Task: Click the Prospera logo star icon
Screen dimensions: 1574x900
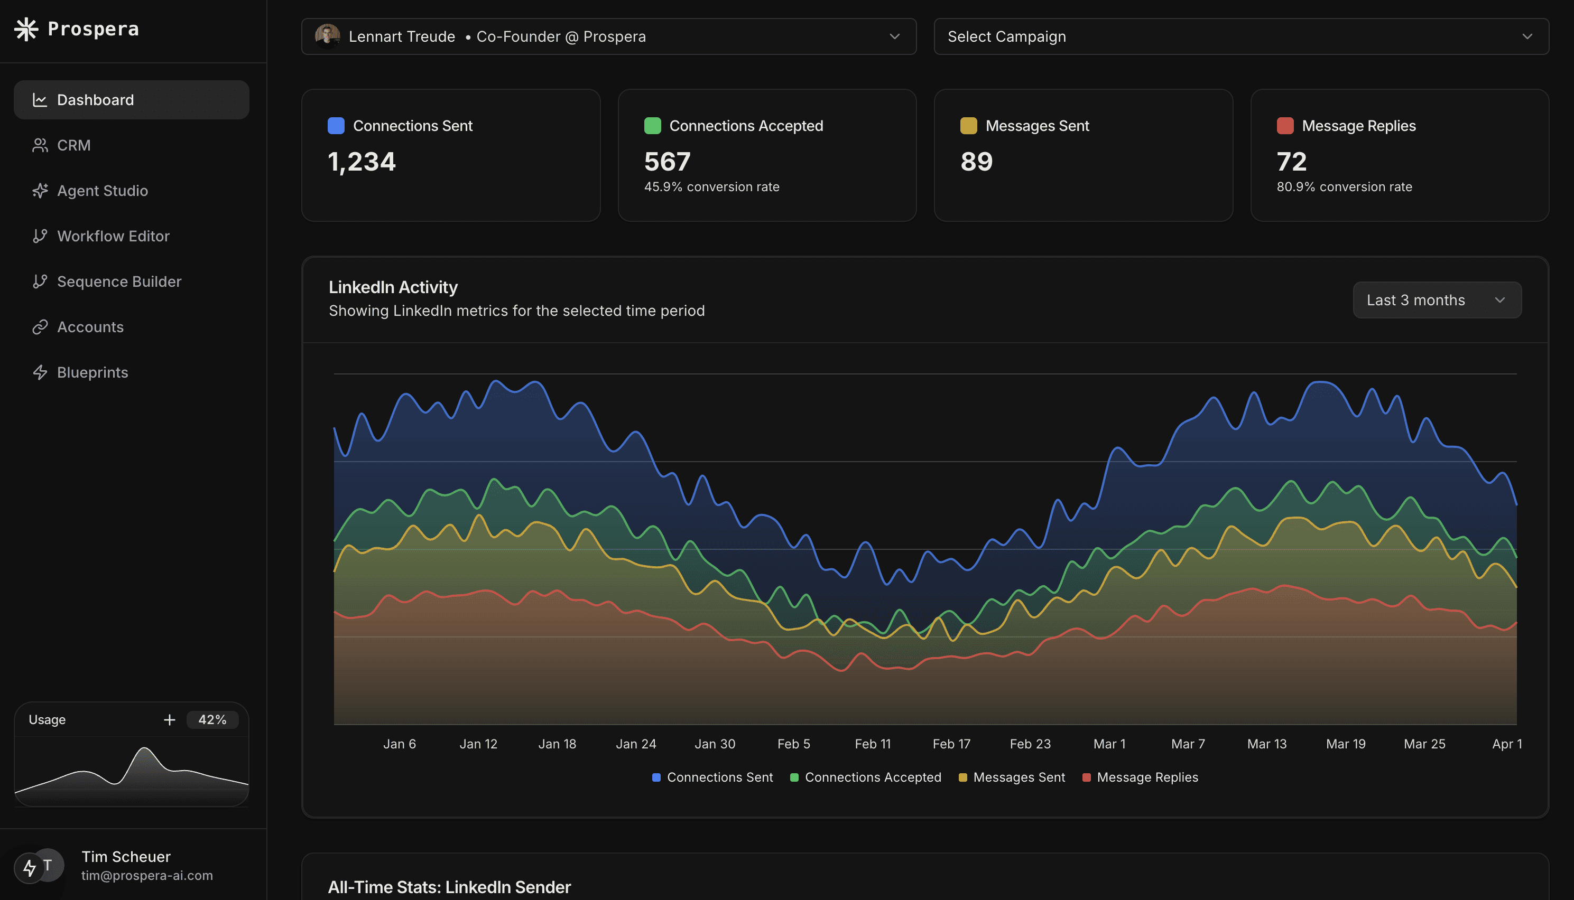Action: click(x=26, y=29)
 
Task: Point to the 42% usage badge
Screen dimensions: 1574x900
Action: click(x=212, y=719)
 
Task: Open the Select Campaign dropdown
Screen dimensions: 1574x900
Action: click(x=1240, y=36)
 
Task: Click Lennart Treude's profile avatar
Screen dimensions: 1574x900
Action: click(x=327, y=36)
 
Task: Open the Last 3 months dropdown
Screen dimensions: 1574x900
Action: click(x=1437, y=300)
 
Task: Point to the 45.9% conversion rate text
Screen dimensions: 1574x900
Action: click(x=712, y=186)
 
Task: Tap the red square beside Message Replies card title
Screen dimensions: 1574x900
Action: click(x=1285, y=126)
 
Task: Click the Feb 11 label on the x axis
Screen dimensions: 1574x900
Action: click(x=873, y=744)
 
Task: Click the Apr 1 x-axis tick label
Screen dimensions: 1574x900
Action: click(x=1507, y=744)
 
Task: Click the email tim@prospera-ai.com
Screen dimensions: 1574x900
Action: click(x=147, y=875)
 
